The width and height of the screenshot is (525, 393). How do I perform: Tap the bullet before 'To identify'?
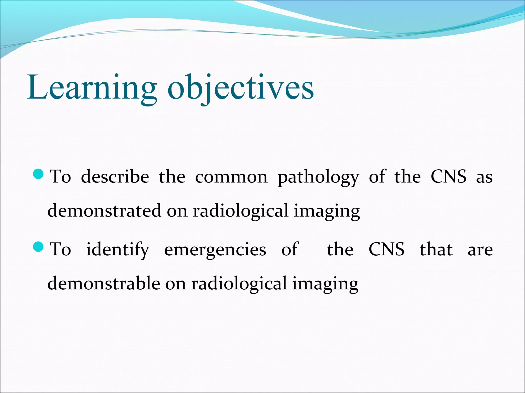pyautogui.click(x=39, y=247)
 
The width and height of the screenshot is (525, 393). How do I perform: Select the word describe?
pyautogui.click(x=115, y=177)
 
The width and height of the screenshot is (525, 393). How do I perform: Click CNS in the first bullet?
pyautogui.click(x=448, y=177)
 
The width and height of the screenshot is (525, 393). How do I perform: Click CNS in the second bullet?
pyautogui.click(x=387, y=249)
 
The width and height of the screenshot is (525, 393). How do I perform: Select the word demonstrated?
pyautogui.click(x=104, y=211)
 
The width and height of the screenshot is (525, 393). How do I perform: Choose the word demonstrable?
pyautogui.click(x=104, y=283)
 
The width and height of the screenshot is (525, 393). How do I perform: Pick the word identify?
pyautogui.click(x=118, y=250)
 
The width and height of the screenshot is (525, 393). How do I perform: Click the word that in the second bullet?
pyautogui.click(x=436, y=249)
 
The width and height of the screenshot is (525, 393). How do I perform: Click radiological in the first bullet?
pyautogui.click(x=241, y=211)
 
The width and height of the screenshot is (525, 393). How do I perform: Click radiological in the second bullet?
pyautogui.click(x=239, y=283)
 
